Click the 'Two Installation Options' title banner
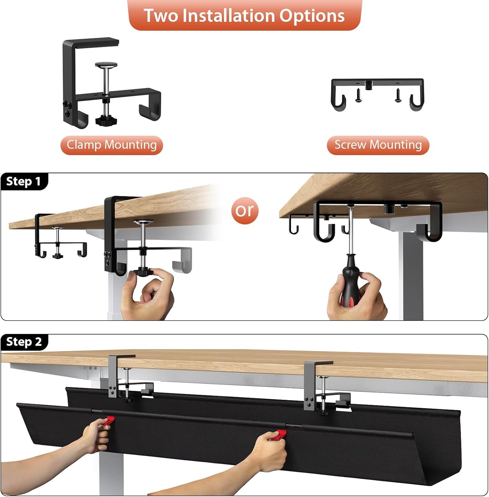tap(245, 15)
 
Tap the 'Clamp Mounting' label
tap(112, 145)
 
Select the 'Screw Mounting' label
tap(378, 145)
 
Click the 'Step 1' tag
tap(24, 181)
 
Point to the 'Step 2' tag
tap(24, 342)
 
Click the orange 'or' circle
tap(245, 211)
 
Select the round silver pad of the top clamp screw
tap(106, 64)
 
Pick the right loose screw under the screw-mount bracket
tap(398, 95)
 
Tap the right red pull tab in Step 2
tap(281, 434)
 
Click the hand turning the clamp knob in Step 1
tap(149, 293)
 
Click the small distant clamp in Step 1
tap(58, 237)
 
